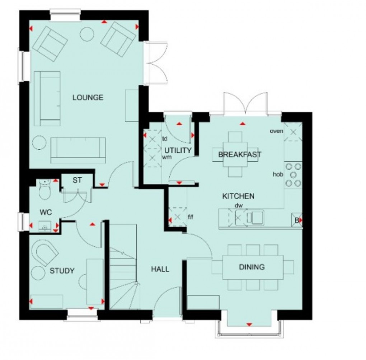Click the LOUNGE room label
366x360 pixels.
(x=88, y=98)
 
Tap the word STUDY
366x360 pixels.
(x=62, y=271)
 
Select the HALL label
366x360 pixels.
(x=160, y=269)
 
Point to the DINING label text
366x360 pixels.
(x=252, y=267)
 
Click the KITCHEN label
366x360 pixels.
(x=238, y=196)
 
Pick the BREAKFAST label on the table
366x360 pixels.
(x=240, y=155)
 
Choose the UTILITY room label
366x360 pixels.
(x=178, y=151)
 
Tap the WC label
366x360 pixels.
(x=46, y=213)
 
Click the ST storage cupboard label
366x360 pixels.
(x=77, y=180)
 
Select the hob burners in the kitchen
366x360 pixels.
(x=293, y=175)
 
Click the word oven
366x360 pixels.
(x=276, y=131)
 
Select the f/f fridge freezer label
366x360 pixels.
(x=190, y=217)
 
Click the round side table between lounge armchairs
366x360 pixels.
(x=87, y=34)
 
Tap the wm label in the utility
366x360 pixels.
(x=166, y=157)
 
